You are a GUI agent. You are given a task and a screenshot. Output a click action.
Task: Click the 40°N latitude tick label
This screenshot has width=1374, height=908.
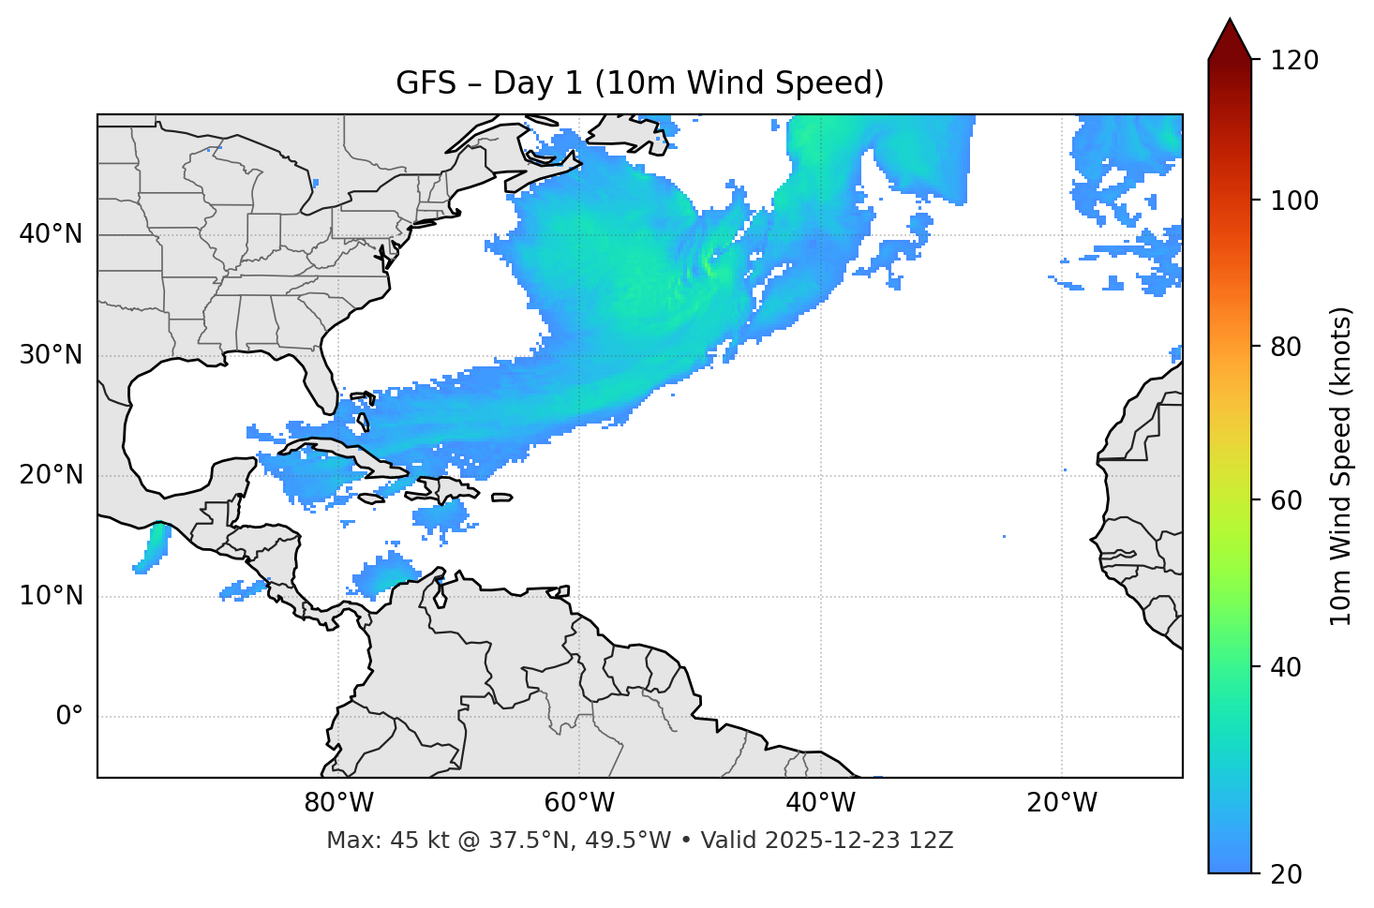[51, 234]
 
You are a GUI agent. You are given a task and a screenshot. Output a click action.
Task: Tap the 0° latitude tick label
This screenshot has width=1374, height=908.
[68, 717]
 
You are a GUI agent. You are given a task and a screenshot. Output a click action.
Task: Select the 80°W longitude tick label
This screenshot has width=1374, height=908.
[338, 803]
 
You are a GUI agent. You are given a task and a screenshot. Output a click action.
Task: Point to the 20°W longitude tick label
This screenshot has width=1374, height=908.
[1062, 803]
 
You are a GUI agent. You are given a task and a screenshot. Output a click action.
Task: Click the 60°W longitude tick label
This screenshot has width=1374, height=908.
[578, 803]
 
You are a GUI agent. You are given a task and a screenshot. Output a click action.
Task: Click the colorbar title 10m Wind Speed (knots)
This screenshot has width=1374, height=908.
[1341, 466]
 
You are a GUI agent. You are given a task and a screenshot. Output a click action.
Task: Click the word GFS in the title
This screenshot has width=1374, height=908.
[426, 83]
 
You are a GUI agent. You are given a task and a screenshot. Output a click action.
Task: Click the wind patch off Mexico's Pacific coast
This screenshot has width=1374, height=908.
[153, 547]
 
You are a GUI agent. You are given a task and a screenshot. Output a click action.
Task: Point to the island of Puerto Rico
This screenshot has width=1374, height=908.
[501, 498]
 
